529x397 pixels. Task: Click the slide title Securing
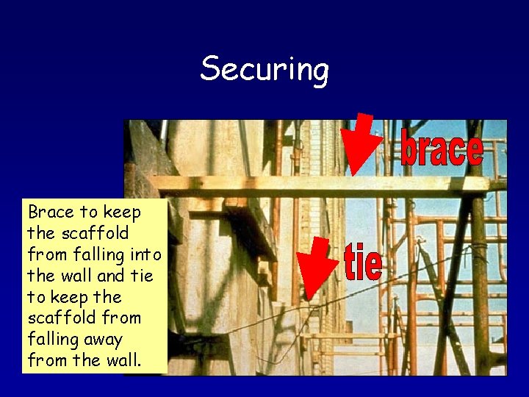tap(264, 70)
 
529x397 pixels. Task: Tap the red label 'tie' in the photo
tap(363, 262)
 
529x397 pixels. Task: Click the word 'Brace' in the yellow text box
tap(51, 212)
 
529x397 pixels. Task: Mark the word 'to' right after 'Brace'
tap(89, 212)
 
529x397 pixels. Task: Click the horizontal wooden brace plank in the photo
tap(294, 183)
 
